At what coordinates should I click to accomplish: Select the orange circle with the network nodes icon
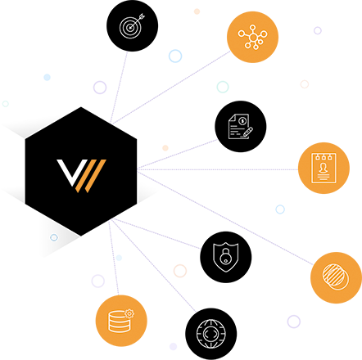252,36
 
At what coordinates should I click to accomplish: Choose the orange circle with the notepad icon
324,168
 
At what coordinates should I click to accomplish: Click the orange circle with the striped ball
336,277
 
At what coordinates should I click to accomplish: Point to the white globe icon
210,334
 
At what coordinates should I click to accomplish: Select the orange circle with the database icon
120,321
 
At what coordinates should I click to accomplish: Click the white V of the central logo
67,173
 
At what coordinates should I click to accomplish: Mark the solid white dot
47,77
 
